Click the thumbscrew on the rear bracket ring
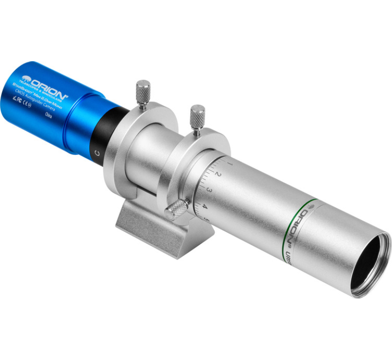tap(144, 93)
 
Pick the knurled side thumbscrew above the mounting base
tap(177, 209)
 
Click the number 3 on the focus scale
tap(210, 190)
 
